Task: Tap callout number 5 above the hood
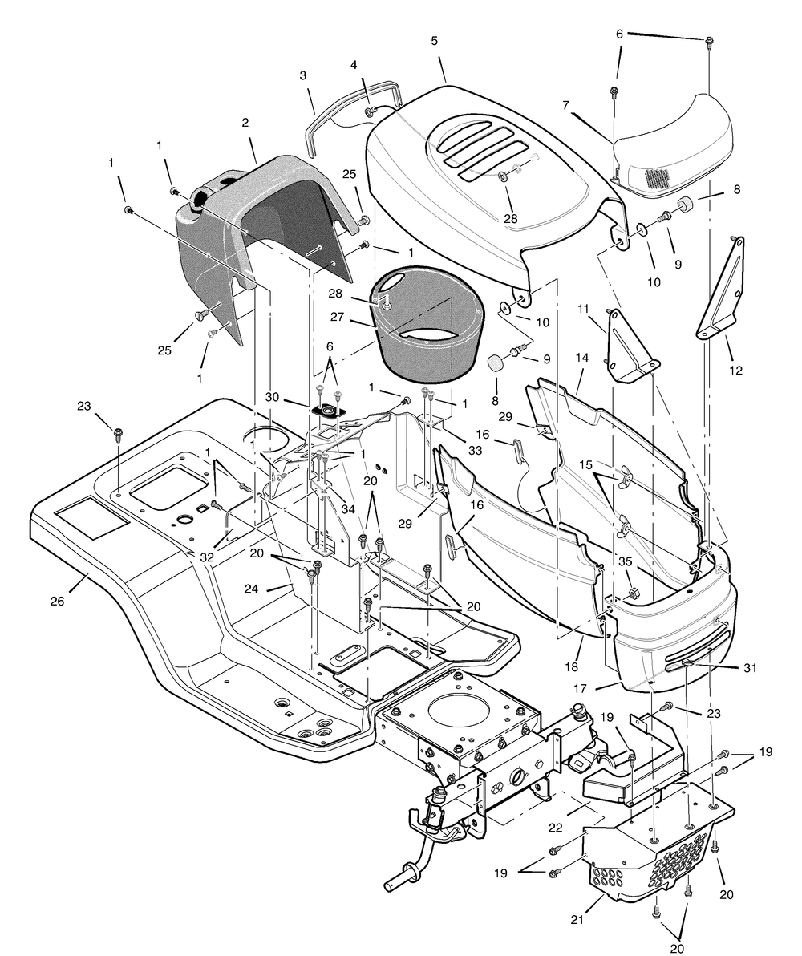coord(434,63)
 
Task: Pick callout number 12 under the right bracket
coord(736,371)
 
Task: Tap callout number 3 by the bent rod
coord(303,76)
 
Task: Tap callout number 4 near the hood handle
coord(354,64)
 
